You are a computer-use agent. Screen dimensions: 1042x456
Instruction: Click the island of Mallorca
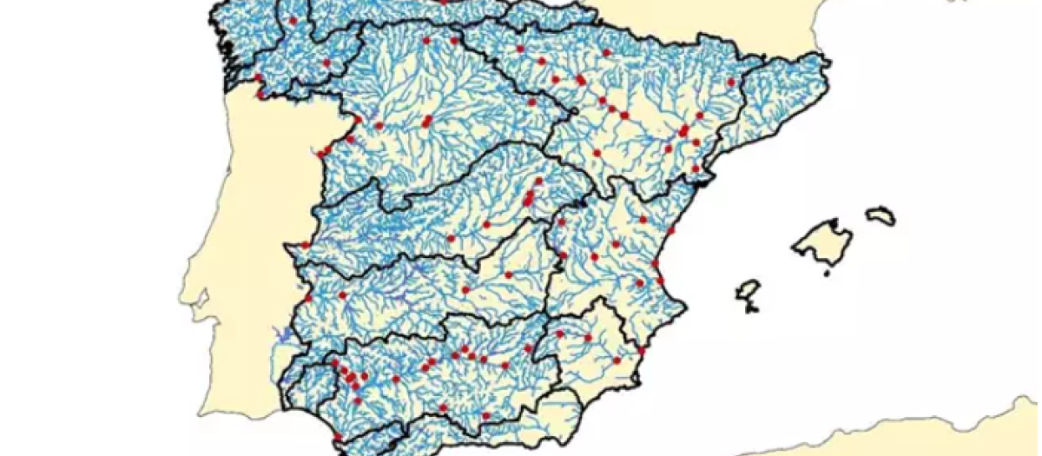821,240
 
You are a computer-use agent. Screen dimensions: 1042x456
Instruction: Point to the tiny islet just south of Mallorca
826,274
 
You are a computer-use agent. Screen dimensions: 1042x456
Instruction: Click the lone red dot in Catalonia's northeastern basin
731,82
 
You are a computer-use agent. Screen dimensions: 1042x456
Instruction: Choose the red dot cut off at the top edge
445,2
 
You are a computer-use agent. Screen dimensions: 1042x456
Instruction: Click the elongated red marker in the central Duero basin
426,122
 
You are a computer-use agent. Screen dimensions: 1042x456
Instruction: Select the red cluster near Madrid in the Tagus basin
529,199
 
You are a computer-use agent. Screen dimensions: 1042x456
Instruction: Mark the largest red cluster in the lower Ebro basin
684,131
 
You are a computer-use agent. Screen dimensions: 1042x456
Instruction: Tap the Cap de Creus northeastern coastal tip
828,61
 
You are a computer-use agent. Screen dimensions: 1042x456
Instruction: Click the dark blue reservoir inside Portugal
280,331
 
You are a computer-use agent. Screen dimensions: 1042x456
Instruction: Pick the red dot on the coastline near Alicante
643,349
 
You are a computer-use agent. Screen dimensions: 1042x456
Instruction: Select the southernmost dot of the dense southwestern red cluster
357,400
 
